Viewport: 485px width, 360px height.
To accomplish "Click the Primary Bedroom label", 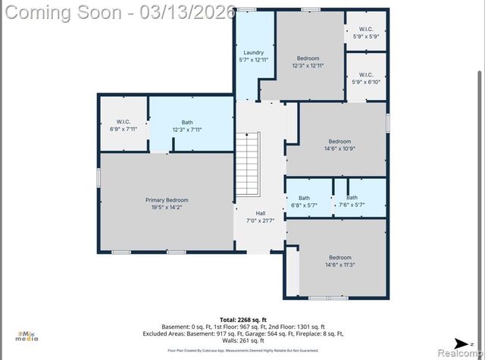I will (166, 200).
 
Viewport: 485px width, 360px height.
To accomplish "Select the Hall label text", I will (260, 213).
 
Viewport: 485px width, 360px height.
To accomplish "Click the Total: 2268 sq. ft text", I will (242, 319).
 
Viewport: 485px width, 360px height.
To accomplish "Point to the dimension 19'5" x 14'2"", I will (166, 207).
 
